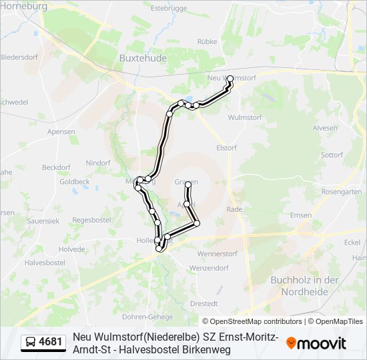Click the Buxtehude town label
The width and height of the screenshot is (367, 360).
(142, 58)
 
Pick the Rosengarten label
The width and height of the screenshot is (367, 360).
(340, 191)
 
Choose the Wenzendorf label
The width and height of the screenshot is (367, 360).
(209, 268)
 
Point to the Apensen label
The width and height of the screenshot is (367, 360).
(61, 132)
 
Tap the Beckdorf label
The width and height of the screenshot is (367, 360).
(56, 167)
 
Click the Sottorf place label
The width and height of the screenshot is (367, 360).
(332, 155)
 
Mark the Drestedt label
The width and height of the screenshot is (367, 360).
(204, 303)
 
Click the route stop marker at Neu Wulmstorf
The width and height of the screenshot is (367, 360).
(230, 79)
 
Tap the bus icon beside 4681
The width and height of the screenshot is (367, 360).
(31, 343)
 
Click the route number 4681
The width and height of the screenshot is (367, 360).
(51, 343)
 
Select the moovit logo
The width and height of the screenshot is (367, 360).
(316, 343)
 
